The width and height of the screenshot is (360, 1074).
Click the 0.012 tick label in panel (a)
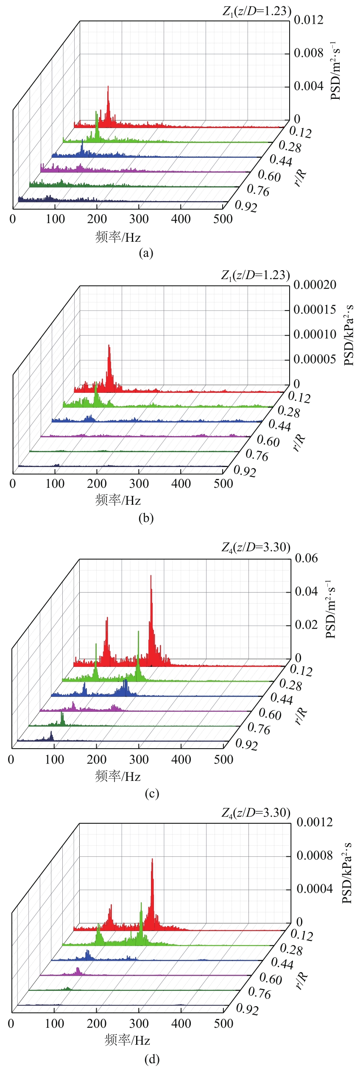tap(308, 20)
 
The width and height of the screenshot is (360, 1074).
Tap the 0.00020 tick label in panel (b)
tap(315, 285)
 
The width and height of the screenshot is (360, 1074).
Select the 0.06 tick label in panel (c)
tap(306, 558)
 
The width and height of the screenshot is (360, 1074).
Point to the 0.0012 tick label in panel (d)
tap(315, 822)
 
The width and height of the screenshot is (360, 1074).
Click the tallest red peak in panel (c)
tap(151, 576)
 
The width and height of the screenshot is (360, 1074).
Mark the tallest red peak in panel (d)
tap(152, 860)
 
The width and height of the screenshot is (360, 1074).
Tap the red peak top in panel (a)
tap(108, 87)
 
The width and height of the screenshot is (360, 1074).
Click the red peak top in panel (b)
tap(109, 346)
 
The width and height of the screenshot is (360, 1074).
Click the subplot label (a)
tap(146, 253)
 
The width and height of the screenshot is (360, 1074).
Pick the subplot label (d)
tap(152, 1059)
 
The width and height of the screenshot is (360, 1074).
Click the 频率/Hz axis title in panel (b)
tap(118, 501)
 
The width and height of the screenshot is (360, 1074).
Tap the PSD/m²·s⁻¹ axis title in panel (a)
tap(335, 71)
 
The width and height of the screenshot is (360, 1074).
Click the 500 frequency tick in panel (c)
tap(223, 760)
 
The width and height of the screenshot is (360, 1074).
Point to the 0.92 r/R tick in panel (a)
tap(246, 206)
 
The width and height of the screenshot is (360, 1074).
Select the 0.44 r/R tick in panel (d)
tap(282, 963)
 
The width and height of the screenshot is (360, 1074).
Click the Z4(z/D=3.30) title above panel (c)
tap(256, 548)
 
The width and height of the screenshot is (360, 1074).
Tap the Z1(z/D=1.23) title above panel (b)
tap(255, 275)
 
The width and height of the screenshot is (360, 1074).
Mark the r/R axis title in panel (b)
tap(299, 442)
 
